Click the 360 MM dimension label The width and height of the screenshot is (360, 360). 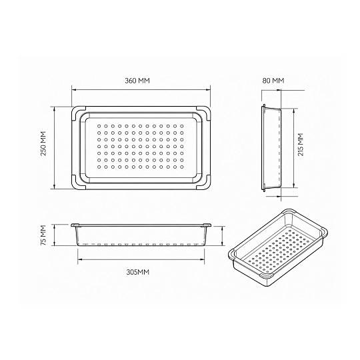(137, 81)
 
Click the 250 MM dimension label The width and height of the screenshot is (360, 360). (43, 143)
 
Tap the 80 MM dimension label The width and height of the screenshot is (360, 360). (273, 81)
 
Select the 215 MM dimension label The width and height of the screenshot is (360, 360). (301, 145)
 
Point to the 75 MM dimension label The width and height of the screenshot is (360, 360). (43, 235)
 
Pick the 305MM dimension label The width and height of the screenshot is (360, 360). (138, 272)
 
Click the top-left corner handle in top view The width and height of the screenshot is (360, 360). (77, 112)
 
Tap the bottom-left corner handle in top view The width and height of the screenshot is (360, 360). (77, 184)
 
